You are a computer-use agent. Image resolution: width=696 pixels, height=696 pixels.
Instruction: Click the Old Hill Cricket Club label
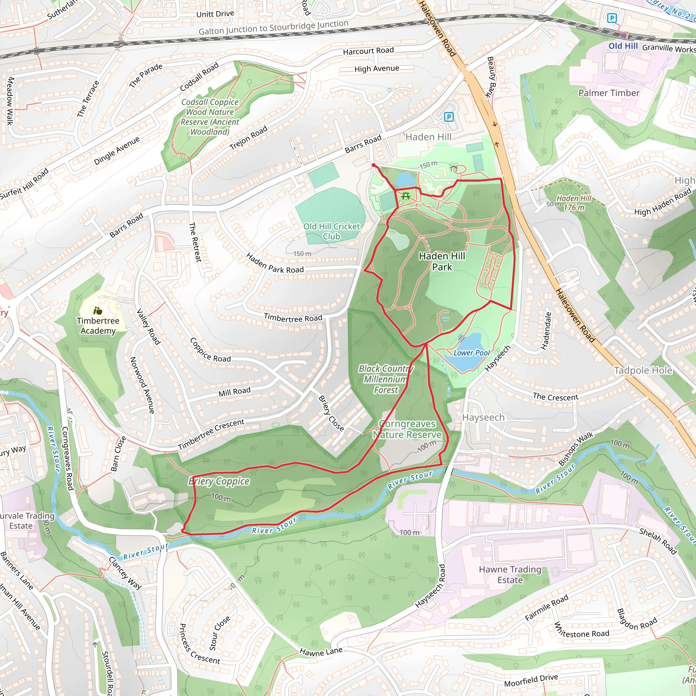pyautogui.click(x=331, y=231)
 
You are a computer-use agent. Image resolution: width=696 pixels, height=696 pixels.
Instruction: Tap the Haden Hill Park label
pyautogui.click(x=442, y=262)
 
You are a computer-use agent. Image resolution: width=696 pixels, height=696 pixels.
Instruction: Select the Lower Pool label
pyautogui.click(x=471, y=353)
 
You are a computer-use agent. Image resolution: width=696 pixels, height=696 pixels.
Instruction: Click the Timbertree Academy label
pyautogui.click(x=98, y=326)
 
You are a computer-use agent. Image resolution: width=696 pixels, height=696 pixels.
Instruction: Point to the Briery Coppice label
pyautogui.click(x=219, y=481)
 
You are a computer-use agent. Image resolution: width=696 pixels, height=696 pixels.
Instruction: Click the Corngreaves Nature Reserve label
pyautogui.click(x=407, y=429)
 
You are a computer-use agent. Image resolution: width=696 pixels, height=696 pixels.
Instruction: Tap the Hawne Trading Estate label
pyautogui.click(x=510, y=575)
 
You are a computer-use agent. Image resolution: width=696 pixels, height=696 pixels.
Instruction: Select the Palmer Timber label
pyautogui.click(x=609, y=93)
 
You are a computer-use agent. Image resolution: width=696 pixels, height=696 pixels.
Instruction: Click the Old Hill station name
pyautogui.click(x=623, y=46)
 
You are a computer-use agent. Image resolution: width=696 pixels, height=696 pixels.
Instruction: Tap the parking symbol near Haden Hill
pyautogui.click(x=449, y=117)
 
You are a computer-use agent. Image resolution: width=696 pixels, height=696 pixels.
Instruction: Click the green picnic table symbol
pyautogui.click(x=406, y=196)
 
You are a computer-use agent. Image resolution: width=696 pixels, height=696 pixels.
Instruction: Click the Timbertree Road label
pyautogui.click(x=293, y=318)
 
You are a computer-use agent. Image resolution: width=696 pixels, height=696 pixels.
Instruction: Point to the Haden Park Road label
pyautogui.click(x=275, y=263)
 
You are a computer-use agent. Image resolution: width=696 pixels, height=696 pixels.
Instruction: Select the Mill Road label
pyautogui.click(x=234, y=391)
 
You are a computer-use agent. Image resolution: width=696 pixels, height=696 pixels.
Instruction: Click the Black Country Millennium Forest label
pyautogui.click(x=386, y=379)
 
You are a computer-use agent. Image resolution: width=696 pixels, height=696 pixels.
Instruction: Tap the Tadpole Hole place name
pyautogui.click(x=643, y=370)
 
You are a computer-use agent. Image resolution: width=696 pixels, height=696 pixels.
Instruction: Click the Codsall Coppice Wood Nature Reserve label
pyautogui.click(x=210, y=117)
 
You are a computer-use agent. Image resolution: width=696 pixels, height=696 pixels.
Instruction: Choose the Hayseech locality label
pyautogui.click(x=483, y=418)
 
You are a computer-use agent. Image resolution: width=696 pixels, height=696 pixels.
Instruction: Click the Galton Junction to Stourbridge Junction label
pyautogui.click(x=274, y=28)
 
